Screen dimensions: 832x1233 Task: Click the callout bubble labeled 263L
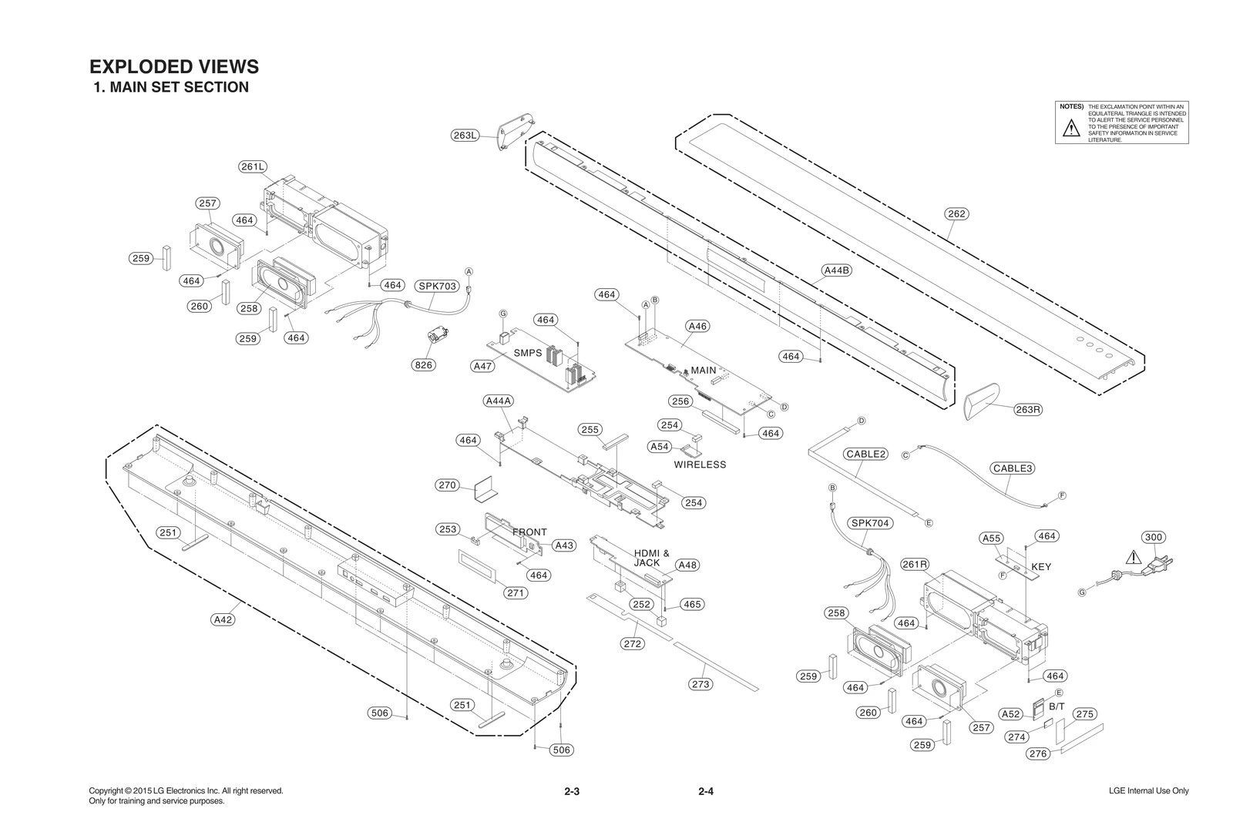click(x=465, y=136)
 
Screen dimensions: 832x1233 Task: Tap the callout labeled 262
click(x=956, y=213)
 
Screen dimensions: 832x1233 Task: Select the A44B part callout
click(x=836, y=270)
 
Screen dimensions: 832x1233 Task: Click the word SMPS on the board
click(x=528, y=353)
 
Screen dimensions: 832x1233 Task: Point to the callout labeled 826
click(x=423, y=365)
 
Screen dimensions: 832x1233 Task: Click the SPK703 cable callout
click(x=438, y=286)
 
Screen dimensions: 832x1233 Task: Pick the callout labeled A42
click(x=223, y=619)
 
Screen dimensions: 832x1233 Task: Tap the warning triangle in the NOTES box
click(x=1071, y=129)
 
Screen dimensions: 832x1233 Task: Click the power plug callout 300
click(x=1153, y=537)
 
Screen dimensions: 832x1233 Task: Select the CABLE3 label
click(x=1013, y=468)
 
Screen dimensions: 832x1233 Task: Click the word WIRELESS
click(x=700, y=465)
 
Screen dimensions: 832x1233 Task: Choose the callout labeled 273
click(x=700, y=684)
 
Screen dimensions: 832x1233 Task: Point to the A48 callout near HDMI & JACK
click(x=687, y=565)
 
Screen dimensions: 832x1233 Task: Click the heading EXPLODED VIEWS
click(x=174, y=66)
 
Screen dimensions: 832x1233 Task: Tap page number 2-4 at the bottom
click(x=706, y=791)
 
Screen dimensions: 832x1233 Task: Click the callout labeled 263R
click(x=1027, y=409)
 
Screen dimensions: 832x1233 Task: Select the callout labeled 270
click(x=447, y=485)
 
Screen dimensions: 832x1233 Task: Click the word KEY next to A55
click(x=1041, y=567)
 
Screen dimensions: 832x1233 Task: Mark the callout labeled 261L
click(x=253, y=166)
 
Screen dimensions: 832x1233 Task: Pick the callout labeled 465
click(x=692, y=604)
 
